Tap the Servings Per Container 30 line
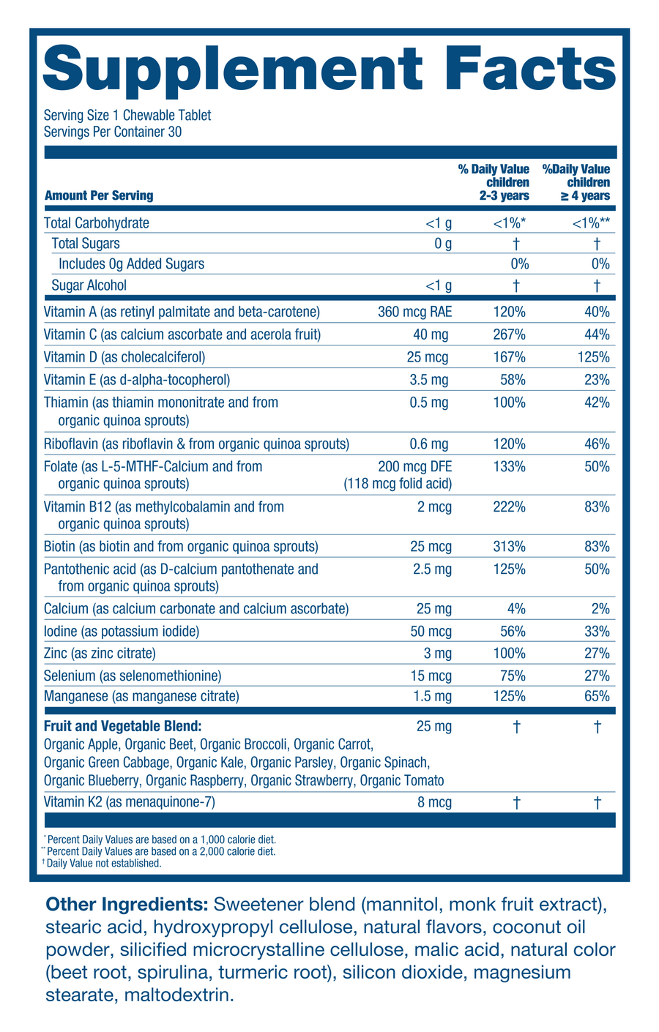pyautogui.click(x=113, y=132)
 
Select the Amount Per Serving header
pyautogui.click(x=99, y=195)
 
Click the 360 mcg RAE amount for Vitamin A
pyautogui.click(x=414, y=313)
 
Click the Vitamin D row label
pyautogui.click(x=124, y=357)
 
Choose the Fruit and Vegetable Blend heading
pyautogui.click(x=122, y=727)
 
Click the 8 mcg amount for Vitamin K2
pyautogui.click(x=434, y=802)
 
